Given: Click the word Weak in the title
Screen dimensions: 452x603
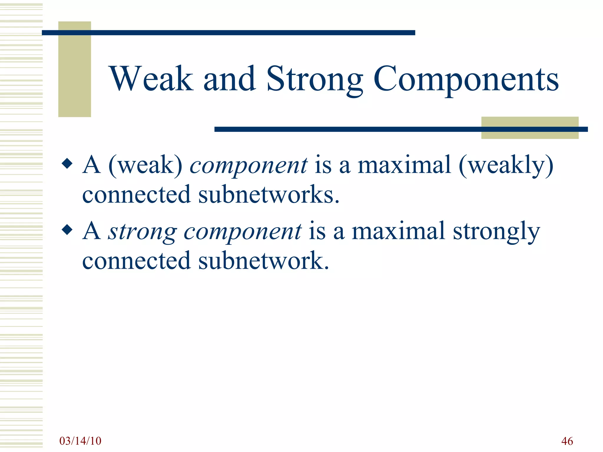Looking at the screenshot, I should point(151,79).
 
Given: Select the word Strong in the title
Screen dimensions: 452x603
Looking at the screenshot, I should point(314,79).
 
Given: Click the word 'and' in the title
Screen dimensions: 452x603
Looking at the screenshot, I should point(229,79).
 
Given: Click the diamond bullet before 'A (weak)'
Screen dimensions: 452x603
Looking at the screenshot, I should point(67,163).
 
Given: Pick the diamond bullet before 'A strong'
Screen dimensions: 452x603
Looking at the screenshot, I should point(67,230).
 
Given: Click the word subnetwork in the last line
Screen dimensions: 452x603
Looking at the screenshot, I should point(263,261).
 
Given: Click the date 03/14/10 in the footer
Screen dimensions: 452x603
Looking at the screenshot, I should point(80,441).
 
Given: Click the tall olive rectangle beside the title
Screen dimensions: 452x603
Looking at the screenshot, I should point(74,69).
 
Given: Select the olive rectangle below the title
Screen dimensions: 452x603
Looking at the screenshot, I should point(529,128).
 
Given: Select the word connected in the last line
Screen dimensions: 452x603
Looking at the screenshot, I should point(136,261).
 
